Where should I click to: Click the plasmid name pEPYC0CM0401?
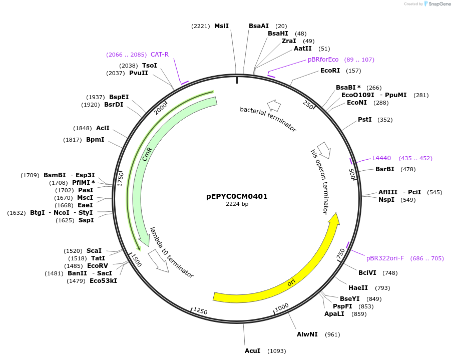[237, 196]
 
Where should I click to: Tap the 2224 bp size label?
[237, 204]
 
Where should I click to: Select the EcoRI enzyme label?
[330, 71]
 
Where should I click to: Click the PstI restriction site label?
[365, 120]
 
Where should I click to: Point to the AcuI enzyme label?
[252, 351]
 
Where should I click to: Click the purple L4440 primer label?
[381, 158]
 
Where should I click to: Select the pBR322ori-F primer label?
[385, 258]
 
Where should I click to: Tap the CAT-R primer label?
[160, 55]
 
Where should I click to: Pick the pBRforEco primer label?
[323, 60]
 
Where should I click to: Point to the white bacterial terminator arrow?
[274, 106]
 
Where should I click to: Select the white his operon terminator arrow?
[324, 149]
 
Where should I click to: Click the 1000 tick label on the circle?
[281, 306]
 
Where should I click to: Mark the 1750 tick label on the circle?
[120, 179]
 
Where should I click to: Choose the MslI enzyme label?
[221, 26]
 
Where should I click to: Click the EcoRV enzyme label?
[98, 266]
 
